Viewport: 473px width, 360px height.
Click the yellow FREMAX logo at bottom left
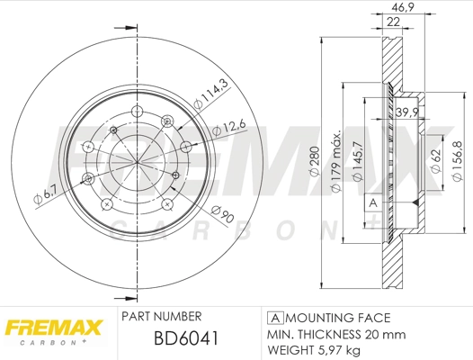pyautogui.click(x=53, y=328)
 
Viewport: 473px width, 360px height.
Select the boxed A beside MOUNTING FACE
pyautogui.click(x=272, y=318)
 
